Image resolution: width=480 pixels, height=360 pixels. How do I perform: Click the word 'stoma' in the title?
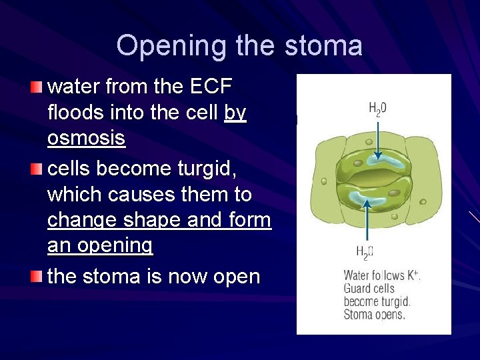click(323, 46)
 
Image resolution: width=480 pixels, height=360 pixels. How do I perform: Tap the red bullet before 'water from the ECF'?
click(37, 87)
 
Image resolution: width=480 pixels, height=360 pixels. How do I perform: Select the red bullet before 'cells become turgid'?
click(37, 169)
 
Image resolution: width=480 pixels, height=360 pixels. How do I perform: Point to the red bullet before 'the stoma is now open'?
click(37, 276)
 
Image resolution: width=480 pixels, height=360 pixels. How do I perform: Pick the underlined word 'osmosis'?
click(86, 139)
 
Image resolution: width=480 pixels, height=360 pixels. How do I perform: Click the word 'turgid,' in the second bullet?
click(204, 169)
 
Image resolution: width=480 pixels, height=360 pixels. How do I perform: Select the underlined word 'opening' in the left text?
click(114, 245)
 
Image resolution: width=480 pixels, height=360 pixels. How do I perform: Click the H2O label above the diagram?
click(378, 108)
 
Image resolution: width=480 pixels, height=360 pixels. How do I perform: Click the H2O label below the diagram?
click(365, 252)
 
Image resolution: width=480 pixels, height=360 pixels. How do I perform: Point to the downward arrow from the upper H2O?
click(378, 137)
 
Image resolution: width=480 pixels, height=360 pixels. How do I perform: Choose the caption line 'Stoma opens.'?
click(374, 314)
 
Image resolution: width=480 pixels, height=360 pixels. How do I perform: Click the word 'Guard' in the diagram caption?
click(358, 289)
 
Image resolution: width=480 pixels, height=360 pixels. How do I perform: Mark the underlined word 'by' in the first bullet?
click(235, 113)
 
